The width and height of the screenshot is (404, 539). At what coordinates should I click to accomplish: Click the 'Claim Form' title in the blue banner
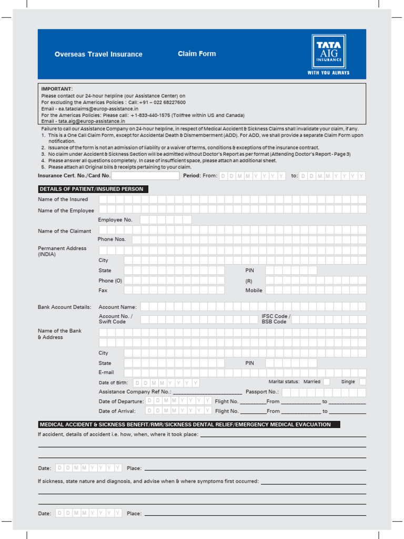197,54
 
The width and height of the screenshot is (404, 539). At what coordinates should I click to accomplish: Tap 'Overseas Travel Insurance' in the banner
98,54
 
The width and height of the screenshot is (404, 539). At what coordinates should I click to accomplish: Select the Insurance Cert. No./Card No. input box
145,176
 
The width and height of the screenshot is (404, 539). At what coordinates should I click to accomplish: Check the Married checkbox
327,382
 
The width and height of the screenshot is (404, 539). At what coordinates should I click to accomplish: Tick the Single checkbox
362,382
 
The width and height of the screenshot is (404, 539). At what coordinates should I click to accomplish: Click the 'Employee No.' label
115,220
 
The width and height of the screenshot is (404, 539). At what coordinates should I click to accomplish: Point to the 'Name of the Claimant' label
64,231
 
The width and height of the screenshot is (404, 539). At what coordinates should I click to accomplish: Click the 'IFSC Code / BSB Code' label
276,319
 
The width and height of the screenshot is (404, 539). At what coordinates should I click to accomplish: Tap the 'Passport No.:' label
262,392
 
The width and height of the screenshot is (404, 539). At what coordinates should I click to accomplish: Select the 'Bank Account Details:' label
64,307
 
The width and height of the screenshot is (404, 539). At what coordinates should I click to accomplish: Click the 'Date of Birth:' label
113,383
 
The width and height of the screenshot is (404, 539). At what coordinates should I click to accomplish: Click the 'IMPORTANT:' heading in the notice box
57,89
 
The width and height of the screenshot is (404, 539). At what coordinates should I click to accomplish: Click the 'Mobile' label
254,291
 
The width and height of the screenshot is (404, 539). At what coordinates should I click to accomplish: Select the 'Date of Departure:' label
121,402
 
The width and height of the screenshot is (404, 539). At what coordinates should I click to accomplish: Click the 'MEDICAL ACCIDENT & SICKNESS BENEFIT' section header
189,424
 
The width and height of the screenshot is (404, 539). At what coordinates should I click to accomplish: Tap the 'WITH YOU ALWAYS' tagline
328,73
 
